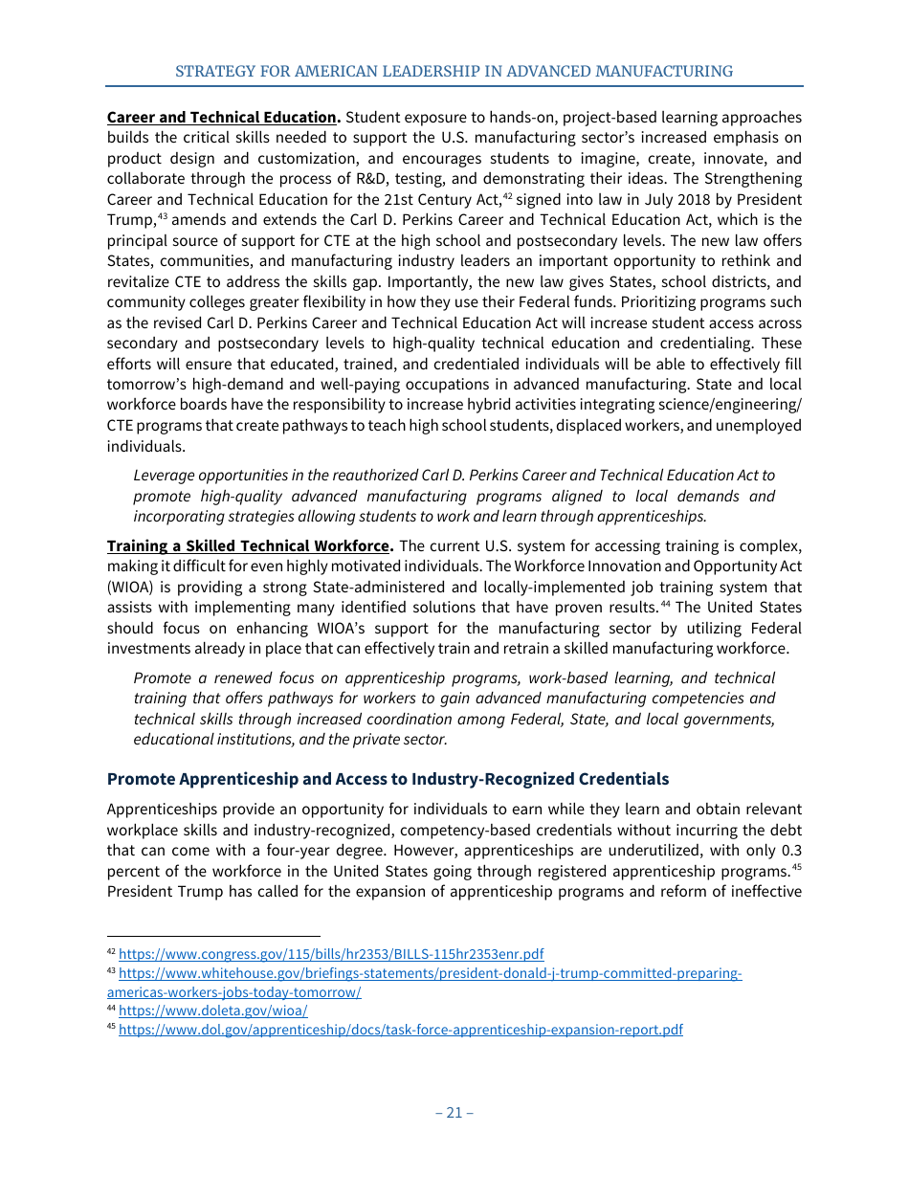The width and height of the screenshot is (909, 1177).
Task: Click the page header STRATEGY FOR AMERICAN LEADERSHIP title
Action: point(454,72)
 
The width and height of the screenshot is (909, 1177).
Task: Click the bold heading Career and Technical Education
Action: point(221,118)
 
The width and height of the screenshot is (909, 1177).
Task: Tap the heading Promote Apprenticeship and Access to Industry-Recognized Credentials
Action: point(388,779)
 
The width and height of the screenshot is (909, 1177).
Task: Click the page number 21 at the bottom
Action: point(454,1113)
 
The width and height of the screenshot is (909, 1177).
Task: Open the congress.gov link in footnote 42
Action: point(331,954)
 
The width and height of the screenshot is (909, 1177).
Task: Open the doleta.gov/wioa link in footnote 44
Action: point(212,1010)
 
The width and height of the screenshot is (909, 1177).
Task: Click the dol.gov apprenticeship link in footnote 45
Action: point(400,1031)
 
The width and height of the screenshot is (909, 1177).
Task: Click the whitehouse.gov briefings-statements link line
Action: point(430,974)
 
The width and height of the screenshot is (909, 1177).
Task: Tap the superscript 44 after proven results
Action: point(667,605)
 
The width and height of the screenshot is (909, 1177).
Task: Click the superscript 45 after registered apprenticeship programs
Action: point(796,868)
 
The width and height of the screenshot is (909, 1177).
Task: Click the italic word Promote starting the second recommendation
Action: point(162,678)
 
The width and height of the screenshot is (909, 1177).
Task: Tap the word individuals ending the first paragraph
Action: point(145,447)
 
